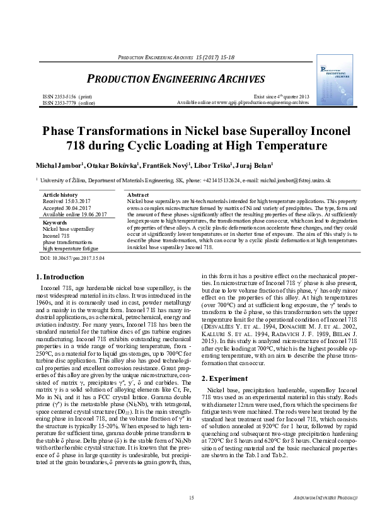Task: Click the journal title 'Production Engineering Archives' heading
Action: (175, 79)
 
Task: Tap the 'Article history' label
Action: (60, 195)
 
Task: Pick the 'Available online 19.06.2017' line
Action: (74, 214)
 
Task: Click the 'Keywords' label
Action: (54, 223)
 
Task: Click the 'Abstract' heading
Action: (137, 195)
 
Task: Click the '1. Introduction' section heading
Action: (59, 277)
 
